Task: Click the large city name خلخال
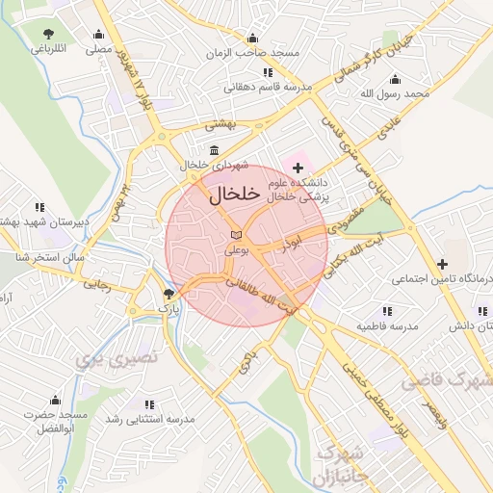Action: click(x=234, y=195)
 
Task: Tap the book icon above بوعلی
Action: click(x=237, y=235)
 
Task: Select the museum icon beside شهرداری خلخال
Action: click(x=213, y=150)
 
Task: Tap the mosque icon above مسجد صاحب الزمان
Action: click(x=253, y=38)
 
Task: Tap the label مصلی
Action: click(x=96, y=47)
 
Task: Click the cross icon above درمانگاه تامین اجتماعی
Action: click(x=442, y=264)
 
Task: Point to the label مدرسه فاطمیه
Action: click(x=387, y=326)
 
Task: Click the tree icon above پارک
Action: click(x=169, y=294)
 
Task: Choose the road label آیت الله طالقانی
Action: click(x=265, y=296)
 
